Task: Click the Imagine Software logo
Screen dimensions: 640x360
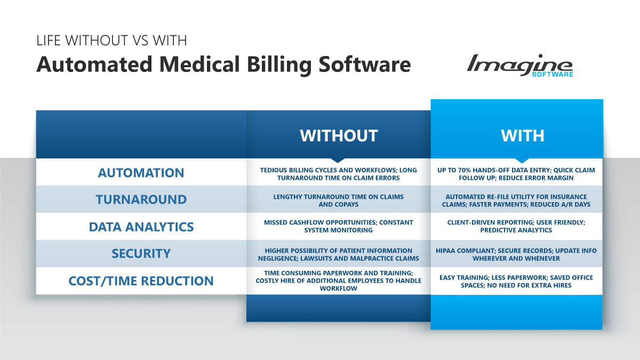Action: pyautogui.click(x=520, y=66)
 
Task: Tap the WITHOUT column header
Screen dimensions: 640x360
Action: pyautogui.click(x=339, y=135)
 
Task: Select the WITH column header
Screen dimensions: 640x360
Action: pyautogui.click(x=523, y=135)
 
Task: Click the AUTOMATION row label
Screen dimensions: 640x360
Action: pyautogui.click(x=141, y=173)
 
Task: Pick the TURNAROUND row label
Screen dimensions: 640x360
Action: pyautogui.click(x=141, y=199)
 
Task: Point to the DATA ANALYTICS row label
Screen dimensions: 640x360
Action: pyautogui.click(x=141, y=227)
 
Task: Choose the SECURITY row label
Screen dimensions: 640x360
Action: pyautogui.click(x=141, y=253)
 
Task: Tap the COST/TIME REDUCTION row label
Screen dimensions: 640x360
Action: pyautogui.click(x=141, y=281)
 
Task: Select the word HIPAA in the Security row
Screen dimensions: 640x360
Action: pyautogui.click(x=445, y=251)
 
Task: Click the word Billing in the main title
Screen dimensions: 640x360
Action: pyautogui.click(x=279, y=65)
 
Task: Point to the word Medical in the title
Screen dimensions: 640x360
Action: pyautogui.click(x=199, y=65)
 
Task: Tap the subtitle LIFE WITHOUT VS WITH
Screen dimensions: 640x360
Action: pyautogui.click(x=111, y=41)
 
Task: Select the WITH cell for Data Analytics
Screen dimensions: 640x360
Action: pyautogui.click(x=516, y=226)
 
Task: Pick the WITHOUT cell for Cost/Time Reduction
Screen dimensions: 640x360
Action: pyautogui.click(x=339, y=281)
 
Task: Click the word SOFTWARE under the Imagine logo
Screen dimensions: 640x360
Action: pyautogui.click(x=553, y=74)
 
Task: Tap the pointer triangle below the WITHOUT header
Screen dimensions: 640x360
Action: pyautogui.click(x=338, y=161)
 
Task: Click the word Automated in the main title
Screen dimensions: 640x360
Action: pyautogui.click(x=94, y=65)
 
